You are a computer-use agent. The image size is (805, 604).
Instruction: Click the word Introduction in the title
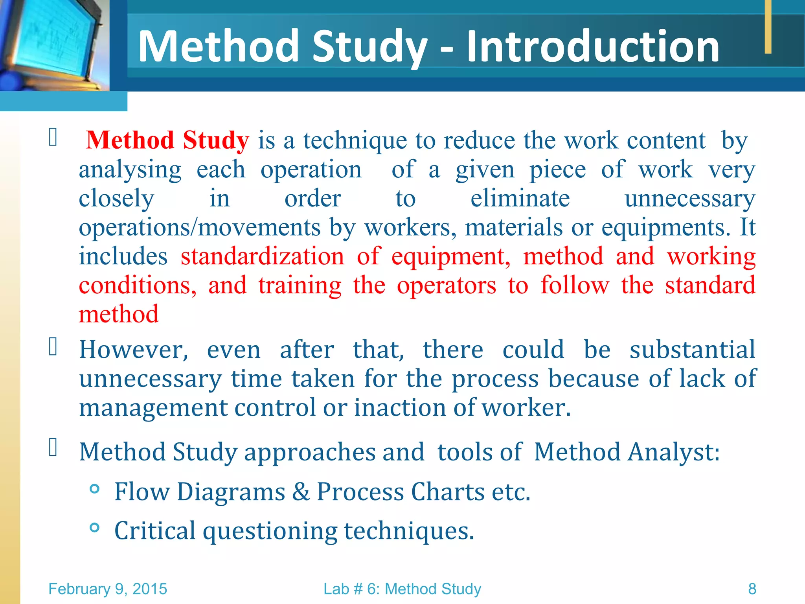(x=593, y=47)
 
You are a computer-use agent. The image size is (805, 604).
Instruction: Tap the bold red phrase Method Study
(x=167, y=140)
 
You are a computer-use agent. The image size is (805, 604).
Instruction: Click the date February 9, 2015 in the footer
(x=108, y=589)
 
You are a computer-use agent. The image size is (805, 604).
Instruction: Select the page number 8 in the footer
(x=752, y=589)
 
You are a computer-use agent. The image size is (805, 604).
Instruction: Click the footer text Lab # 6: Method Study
(x=402, y=589)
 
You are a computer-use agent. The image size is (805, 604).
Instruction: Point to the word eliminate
(x=520, y=198)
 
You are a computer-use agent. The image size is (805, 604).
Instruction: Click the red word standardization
(x=262, y=256)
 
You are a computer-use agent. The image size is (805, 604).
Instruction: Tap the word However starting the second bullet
(x=134, y=350)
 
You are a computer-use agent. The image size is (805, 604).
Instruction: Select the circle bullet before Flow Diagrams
(x=94, y=489)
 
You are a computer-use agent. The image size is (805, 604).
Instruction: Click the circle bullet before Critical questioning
(x=94, y=527)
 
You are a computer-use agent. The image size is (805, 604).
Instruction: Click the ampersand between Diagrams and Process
(x=301, y=492)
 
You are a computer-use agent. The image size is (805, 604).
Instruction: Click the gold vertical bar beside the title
(x=768, y=26)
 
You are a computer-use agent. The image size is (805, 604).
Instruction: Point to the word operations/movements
(x=200, y=228)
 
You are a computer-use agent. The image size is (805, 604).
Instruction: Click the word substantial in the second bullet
(x=692, y=350)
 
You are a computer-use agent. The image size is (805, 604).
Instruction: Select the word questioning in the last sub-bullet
(x=270, y=531)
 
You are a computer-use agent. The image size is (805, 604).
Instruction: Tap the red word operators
(x=447, y=285)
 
